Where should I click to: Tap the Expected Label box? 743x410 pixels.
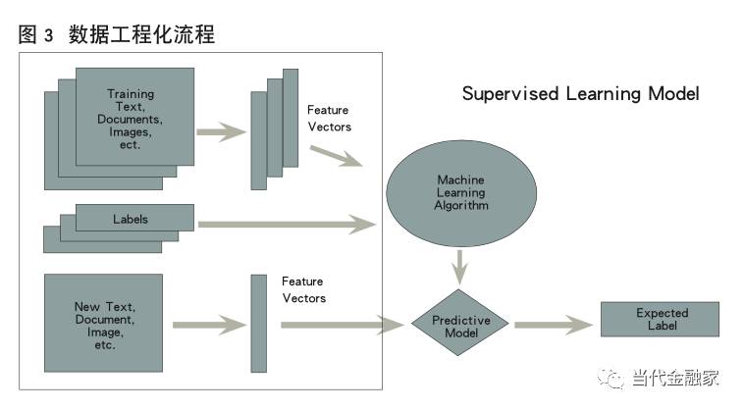(661, 320)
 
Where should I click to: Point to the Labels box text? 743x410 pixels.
(130, 220)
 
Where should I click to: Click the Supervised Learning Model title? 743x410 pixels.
(580, 95)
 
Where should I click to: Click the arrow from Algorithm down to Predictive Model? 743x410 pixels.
(461, 266)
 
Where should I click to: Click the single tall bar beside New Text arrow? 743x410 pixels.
(259, 323)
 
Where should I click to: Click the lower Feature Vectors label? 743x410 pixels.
(303, 289)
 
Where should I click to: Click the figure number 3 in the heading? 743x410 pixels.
(49, 36)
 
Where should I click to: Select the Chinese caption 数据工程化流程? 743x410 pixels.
(141, 35)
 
